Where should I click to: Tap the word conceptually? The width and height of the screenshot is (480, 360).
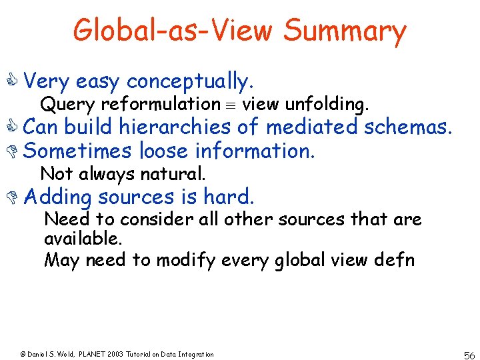click(190, 82)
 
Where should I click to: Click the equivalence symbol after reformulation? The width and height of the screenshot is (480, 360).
click(230, 104)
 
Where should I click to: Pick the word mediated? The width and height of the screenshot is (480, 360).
click(310, 127)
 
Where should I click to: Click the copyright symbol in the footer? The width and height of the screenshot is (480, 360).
click(22, 354)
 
